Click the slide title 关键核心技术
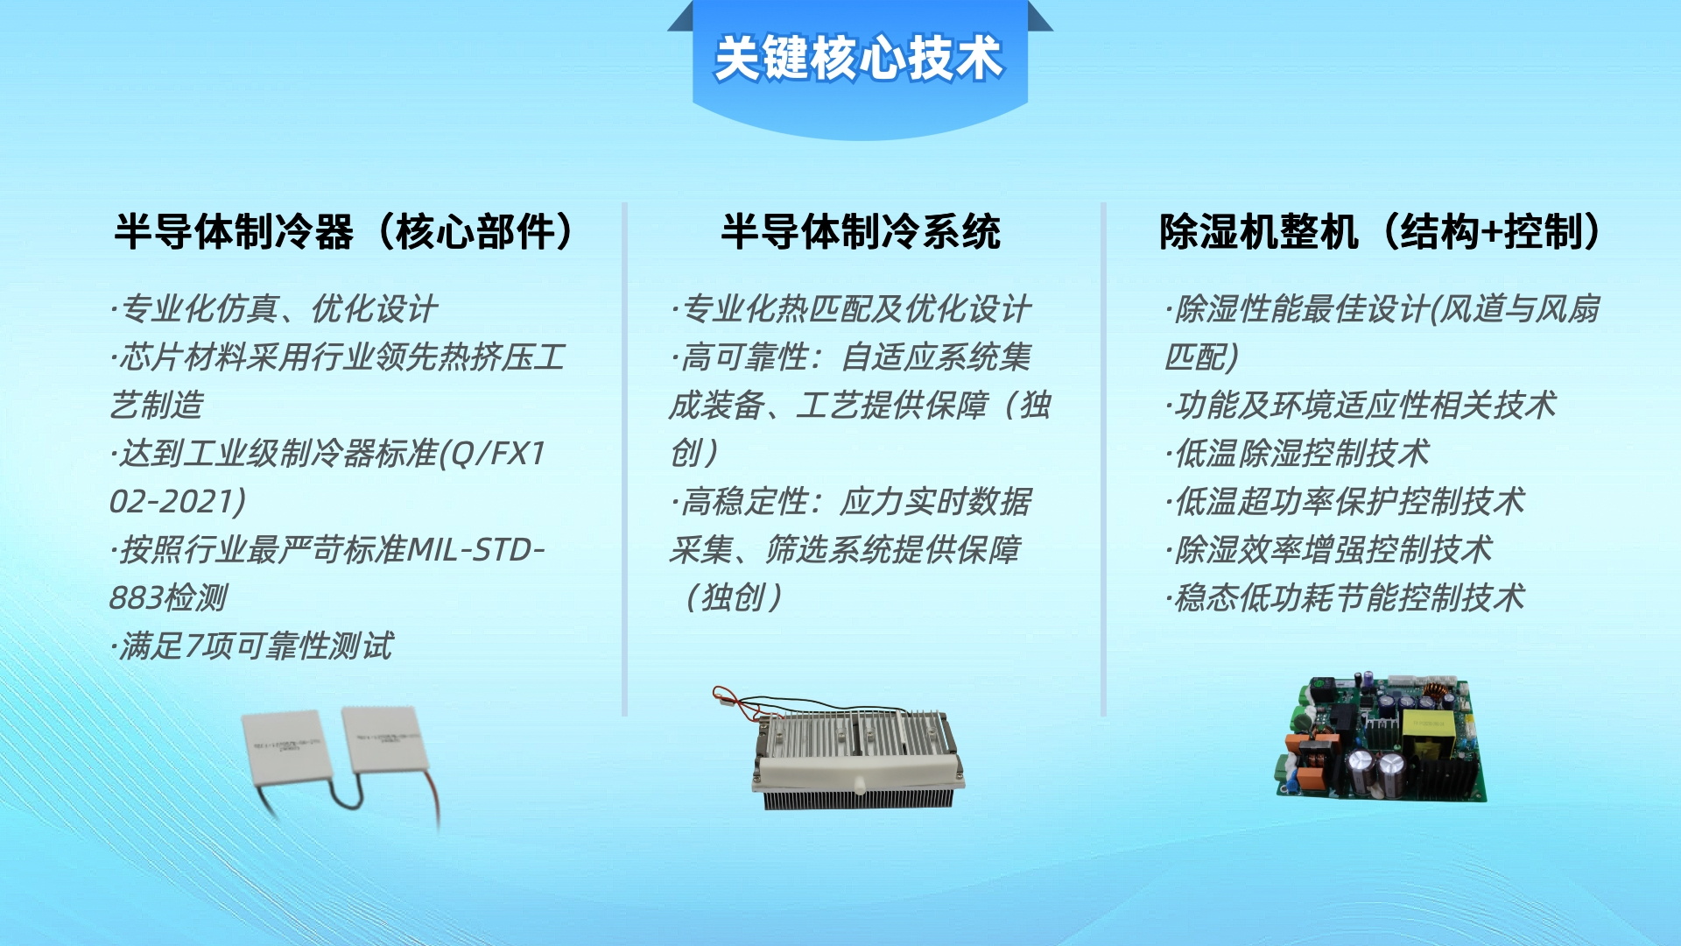click(858, 58)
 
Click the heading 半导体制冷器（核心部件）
click(344, 232)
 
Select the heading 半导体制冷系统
click(861, 232)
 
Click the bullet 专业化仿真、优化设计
click(274, 308)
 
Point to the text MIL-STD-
click(476, 549)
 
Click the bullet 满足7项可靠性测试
click(252, 646)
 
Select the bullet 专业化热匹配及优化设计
click(851, 308)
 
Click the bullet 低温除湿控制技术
click(1298, 453)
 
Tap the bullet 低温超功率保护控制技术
click(1345, 501)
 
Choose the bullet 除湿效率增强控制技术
click(1329, 549)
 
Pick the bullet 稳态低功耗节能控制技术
click(1345, 597)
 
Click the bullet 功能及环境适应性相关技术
click(1361, 405)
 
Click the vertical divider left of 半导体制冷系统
click(624, 460)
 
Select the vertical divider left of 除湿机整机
click(1103, 460)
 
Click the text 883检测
click(167, 597)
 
